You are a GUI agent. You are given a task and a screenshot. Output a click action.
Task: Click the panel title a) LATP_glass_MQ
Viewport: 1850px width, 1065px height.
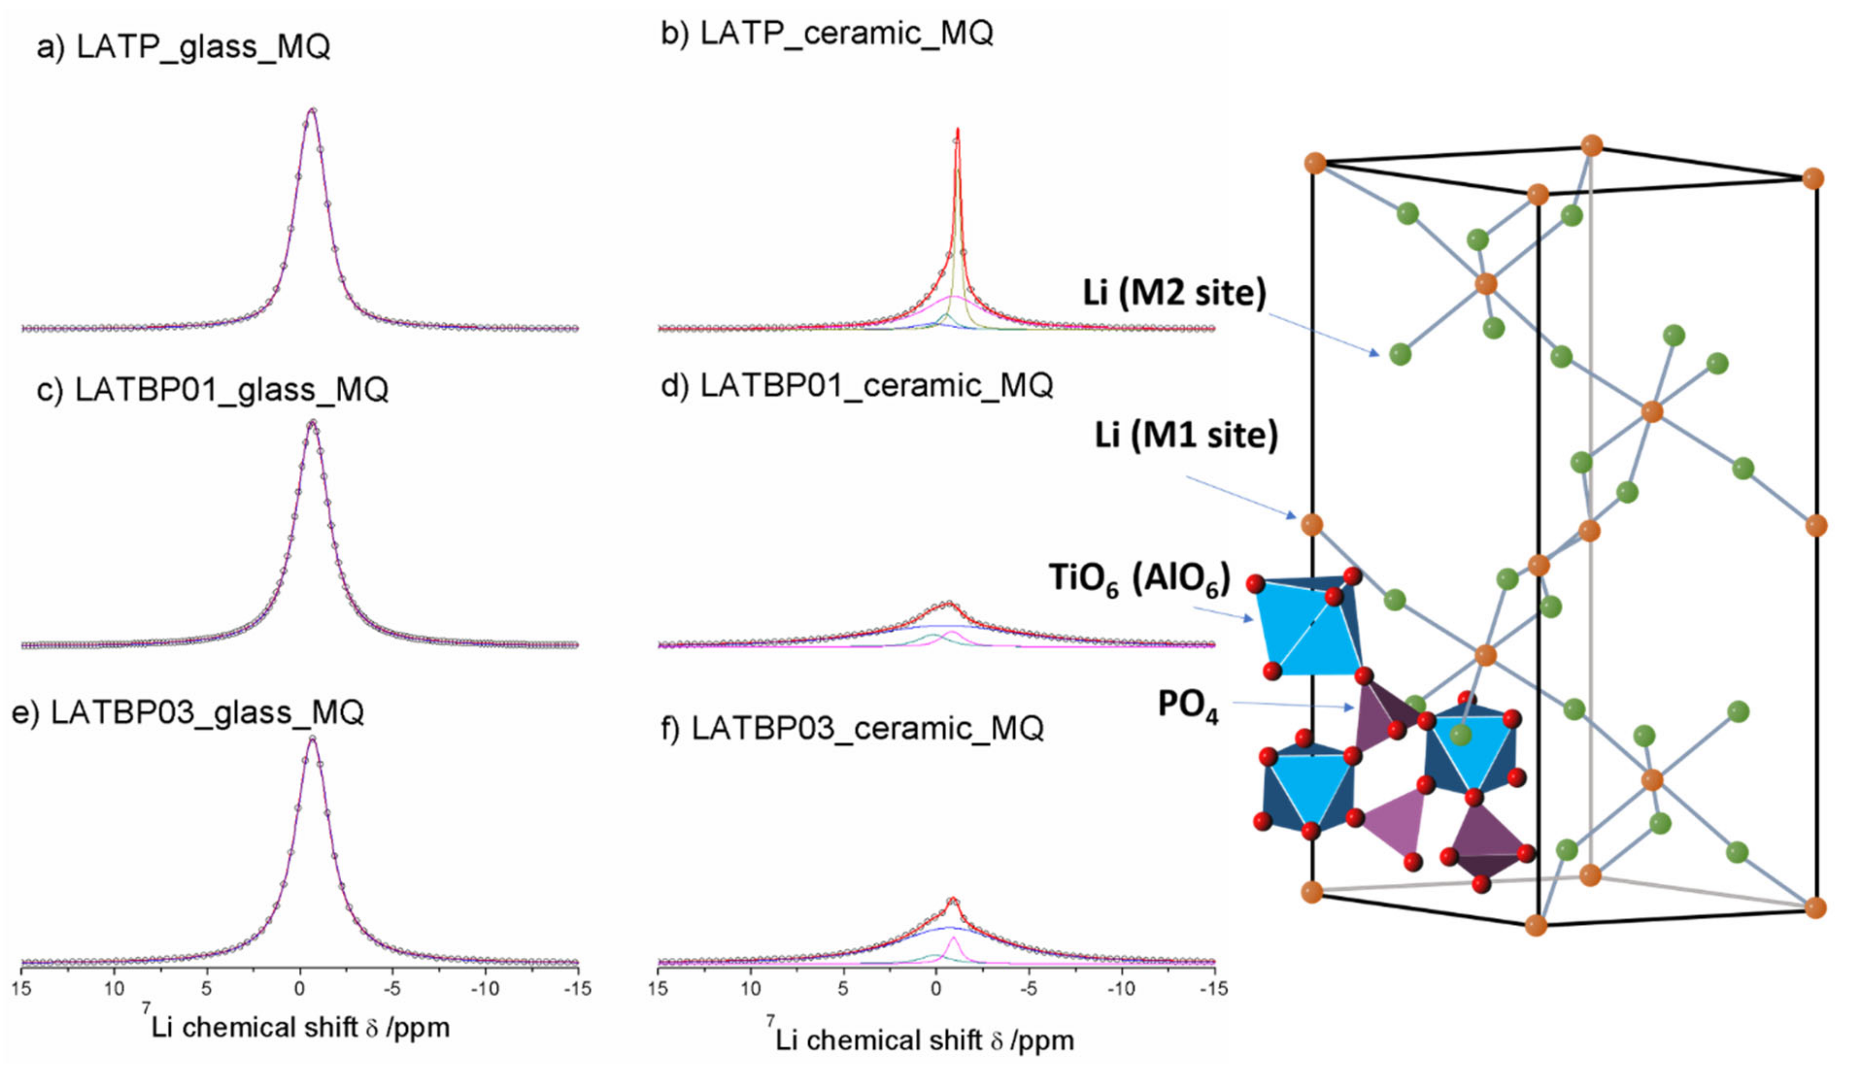click(x=183, y=47)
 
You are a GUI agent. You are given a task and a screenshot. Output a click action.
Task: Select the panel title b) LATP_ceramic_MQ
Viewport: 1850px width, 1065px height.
click(x=826, y=33)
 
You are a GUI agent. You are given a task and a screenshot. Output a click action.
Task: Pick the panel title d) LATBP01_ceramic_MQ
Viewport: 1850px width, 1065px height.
click(x=856, y=385)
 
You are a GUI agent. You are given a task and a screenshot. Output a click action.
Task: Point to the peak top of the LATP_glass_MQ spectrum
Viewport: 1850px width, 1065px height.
click(x=312, y=111)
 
